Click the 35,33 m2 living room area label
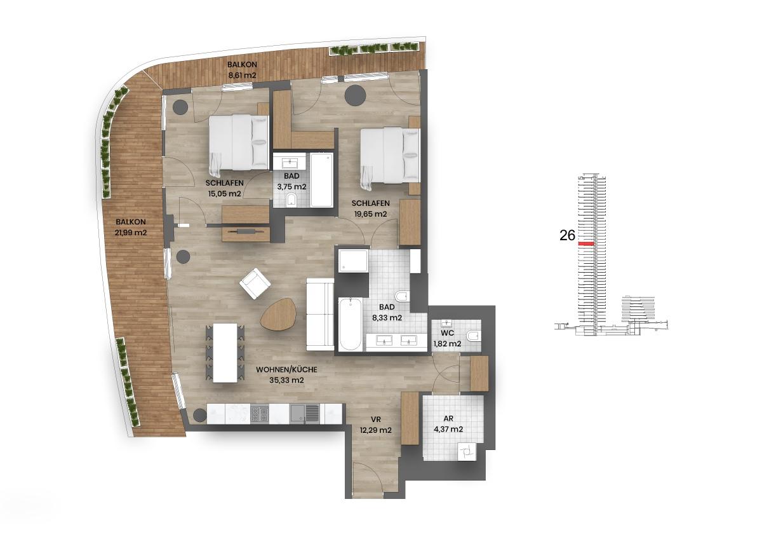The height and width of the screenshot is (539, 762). pos(286,374)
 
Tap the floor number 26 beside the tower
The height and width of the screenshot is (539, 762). pos(567,236)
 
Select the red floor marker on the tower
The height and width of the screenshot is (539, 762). pos(585,244)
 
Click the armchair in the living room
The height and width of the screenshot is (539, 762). pos(255,283)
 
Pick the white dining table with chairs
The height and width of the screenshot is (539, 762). pos(225,353)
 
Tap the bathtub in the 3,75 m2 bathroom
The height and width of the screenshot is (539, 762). pos(321,179)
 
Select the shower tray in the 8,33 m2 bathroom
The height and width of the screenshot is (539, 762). pos(352,260)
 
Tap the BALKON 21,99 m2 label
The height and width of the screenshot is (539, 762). pos(131,228)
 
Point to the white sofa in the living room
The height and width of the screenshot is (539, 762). pos(319,314)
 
